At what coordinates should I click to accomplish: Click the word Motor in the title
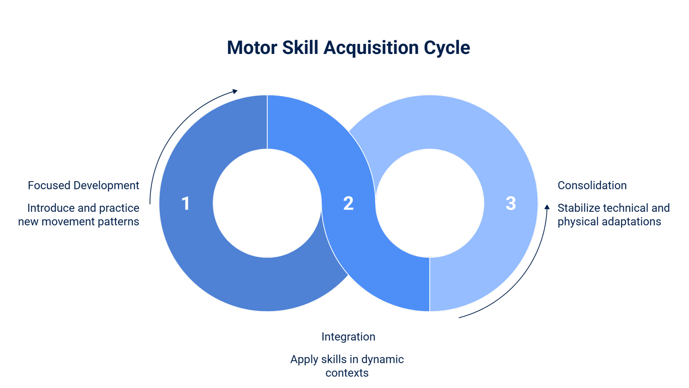252,48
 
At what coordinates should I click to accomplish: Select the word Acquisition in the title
371,48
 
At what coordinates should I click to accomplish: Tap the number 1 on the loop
186,203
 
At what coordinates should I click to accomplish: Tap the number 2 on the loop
348,203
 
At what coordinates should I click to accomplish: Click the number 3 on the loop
510,203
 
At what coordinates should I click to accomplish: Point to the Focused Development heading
83,186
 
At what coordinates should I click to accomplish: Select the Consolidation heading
592,186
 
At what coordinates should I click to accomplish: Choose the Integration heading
349,337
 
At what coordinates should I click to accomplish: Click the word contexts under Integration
347,373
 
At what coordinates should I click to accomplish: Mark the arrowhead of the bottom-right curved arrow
547,207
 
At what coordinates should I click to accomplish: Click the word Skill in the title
300,48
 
